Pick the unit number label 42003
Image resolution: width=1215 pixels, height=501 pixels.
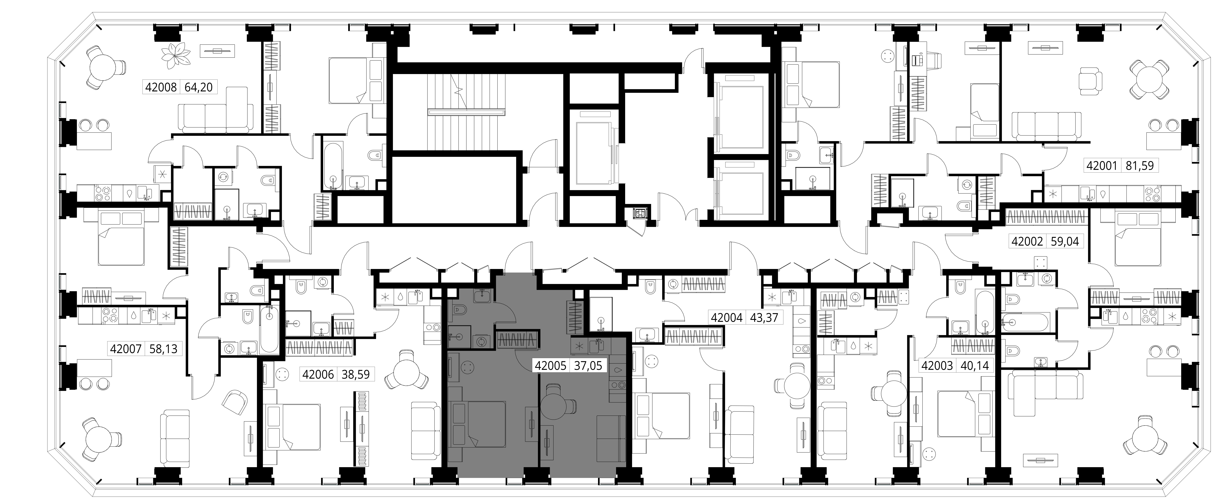[x=937, y=365]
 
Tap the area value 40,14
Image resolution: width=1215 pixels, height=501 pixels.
[x=974, y=365]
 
